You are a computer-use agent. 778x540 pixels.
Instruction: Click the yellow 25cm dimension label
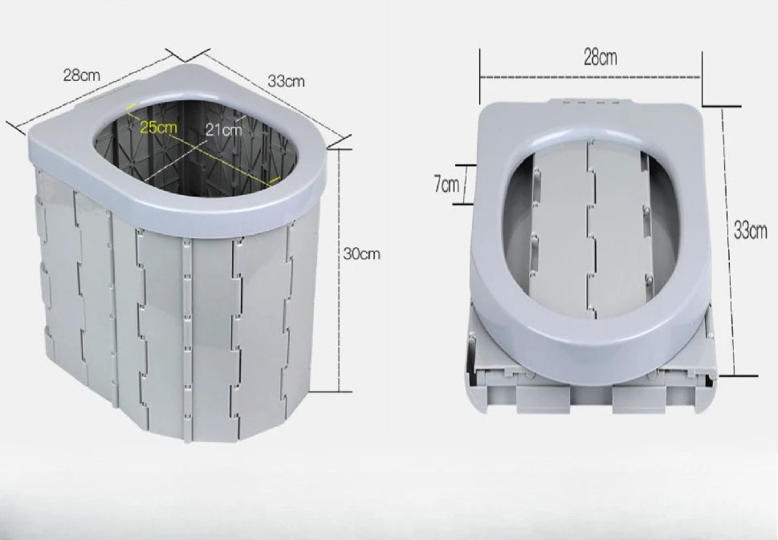tap(158, 127)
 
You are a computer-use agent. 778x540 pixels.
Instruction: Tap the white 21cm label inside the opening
tap(224, 130)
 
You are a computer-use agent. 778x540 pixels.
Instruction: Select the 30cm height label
tap(362, 254)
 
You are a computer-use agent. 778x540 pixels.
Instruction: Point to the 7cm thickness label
tap(446, 185)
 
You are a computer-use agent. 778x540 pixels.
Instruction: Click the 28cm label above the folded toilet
tap(601, 58)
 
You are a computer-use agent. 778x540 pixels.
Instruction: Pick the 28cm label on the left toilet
tap(81, 75)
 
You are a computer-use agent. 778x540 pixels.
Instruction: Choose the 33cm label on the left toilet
tap(287, 81)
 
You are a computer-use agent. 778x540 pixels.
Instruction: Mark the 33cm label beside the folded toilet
tap(750, 230)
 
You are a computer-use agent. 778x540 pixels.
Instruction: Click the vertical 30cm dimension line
tap(339, 270)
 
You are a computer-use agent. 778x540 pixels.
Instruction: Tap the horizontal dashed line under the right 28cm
tap(590, 77)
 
